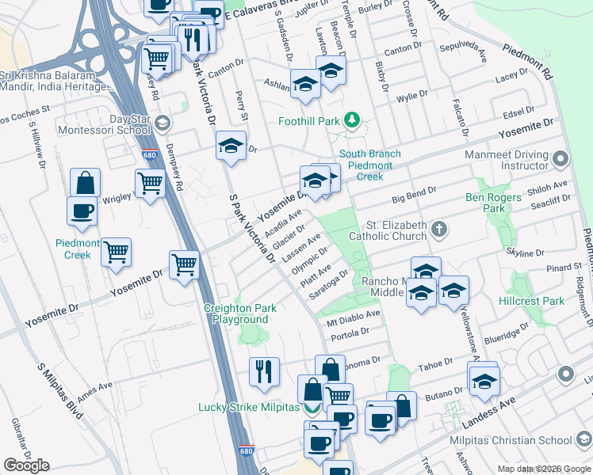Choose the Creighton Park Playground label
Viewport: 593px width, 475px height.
(239, 313)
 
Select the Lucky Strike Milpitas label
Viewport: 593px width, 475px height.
(248, 407)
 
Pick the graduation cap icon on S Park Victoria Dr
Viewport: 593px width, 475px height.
(231, 145)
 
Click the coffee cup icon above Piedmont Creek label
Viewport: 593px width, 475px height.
(83, 211)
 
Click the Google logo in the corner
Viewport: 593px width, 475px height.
(26, 465)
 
